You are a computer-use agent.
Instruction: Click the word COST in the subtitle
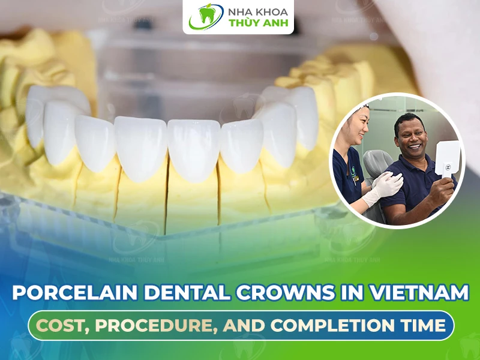(64, 325)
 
